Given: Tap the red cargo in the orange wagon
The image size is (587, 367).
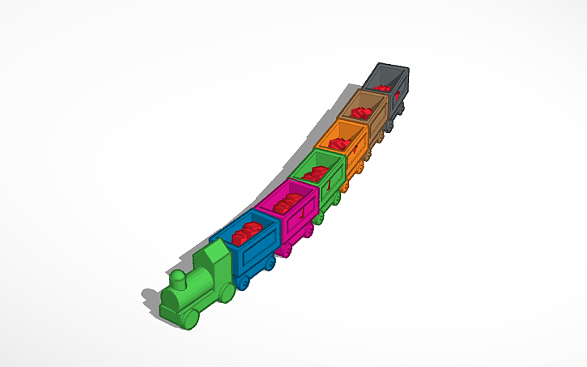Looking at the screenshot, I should tap(340, 143).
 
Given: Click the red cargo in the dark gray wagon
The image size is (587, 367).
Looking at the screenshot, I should tap(385, 84).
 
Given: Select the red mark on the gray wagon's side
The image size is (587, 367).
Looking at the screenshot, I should tap(398, 96).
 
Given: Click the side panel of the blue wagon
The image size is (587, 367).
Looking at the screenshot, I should tap(259, 250).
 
